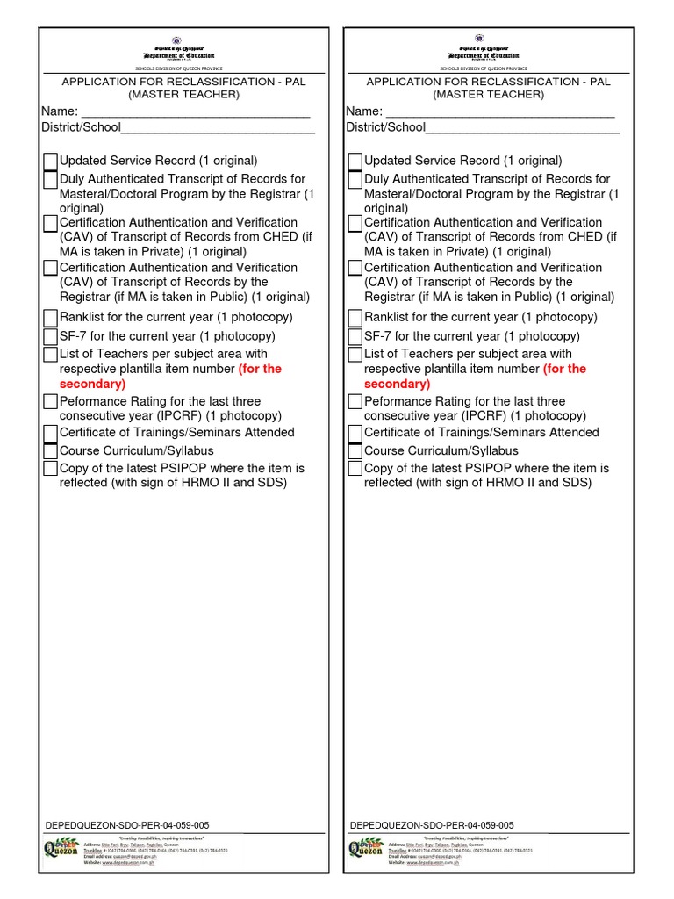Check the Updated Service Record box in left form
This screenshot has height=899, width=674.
click(x=51, y=162)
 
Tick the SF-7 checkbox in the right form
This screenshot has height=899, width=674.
click(x=355, y=336)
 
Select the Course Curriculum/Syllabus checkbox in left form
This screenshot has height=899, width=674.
click(x=51, y=451)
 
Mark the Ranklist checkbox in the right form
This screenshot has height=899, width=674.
click(x=355, y=318)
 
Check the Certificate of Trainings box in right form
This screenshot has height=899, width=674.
click(x=355, y=433)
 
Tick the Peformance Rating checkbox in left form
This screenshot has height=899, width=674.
click(x=51, y=402)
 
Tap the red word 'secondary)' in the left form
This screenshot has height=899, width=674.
click(x=92, y=384)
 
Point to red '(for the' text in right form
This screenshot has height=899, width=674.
click(x=564, y=369)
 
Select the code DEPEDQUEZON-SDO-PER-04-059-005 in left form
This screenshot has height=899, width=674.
click(x=126, y=825)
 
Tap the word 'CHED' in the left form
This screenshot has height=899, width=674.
click(x=282, y=237)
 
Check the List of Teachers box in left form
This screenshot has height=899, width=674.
click(x=51, y=355)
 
